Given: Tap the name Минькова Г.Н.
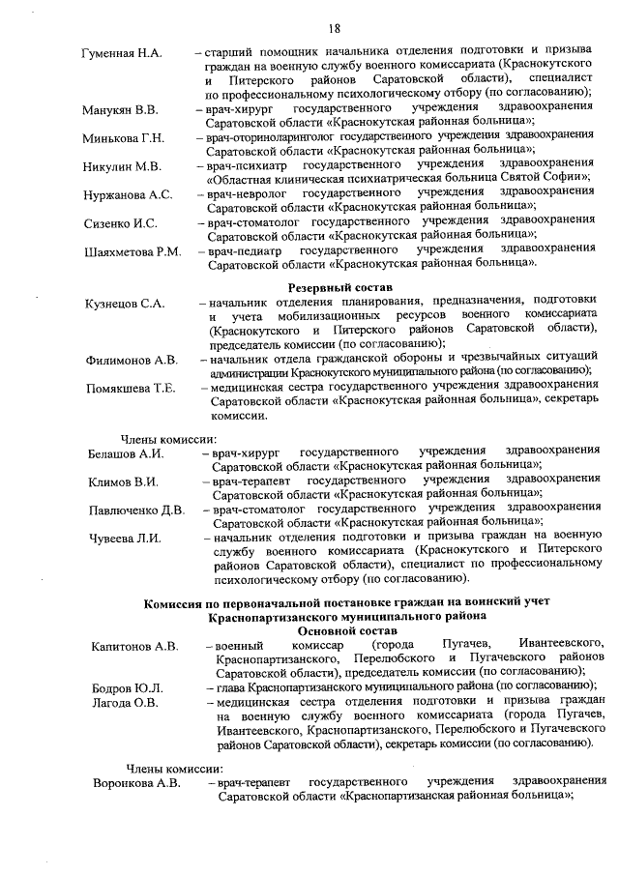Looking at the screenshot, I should pyautogui.click(x=124, y=138).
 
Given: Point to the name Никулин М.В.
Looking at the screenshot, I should pyautogui.click(x=122, y=166).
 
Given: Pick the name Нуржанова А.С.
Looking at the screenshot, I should pyautogui.click(x=128, y=194).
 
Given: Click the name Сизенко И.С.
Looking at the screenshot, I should pyautogui.click(x=120, y=223).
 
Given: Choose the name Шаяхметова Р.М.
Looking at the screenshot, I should pyautogui.click(x=133, y=251).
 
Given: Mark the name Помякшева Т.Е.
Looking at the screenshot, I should pyautogui.click(x=131, y=389).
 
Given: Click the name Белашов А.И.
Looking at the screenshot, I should pyautogui.click(x=126, y=452).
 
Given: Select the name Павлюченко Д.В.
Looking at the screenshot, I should pyautogui.click(x=136, y=510).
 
